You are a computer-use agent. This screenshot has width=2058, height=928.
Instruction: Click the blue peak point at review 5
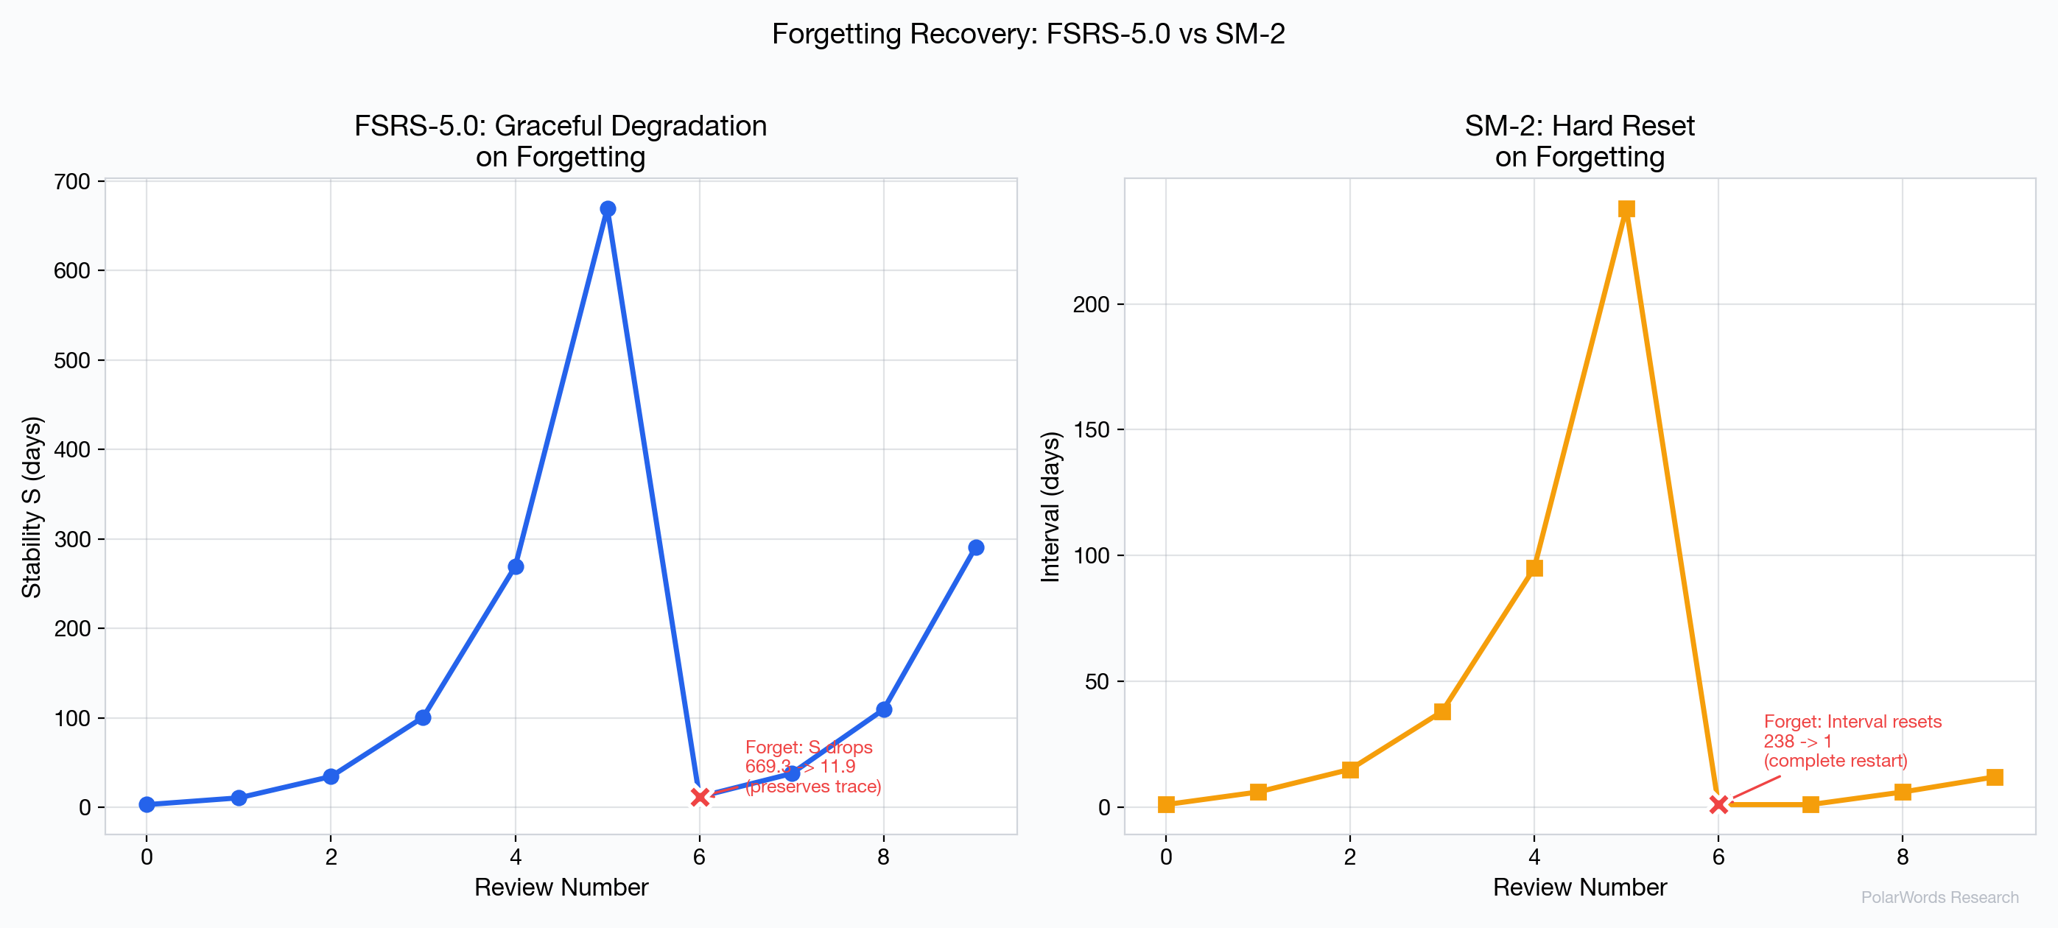(607, 209)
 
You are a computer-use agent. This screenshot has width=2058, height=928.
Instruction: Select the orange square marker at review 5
(1626, 209)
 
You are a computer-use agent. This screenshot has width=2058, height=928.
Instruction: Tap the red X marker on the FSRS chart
(700, 797)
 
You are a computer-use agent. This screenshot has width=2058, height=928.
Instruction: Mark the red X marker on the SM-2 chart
(1718, 804)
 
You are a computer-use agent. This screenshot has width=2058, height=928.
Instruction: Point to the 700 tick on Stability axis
(72, 182)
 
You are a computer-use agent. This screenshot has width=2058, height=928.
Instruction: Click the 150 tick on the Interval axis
(1092, 429)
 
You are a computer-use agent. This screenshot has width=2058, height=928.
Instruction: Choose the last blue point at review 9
(975, 547)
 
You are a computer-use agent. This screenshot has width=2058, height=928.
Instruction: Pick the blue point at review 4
(516, 566)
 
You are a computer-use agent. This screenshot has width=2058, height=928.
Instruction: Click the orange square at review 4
(1534, 568)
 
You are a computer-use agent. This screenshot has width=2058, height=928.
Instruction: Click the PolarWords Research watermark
(1939, 897)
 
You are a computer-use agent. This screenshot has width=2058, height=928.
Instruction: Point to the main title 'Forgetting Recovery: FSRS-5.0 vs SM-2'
(1028, 34)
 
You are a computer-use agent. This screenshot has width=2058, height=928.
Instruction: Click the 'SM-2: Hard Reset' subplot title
(1578, 126)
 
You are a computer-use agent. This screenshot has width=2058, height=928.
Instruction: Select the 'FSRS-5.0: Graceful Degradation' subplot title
(560, 126)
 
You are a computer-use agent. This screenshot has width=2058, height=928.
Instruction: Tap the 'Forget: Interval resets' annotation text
(1852, 721)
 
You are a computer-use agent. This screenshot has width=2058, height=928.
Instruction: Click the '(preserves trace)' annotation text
(812, 787)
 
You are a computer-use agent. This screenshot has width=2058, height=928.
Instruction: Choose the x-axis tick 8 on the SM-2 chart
(1902, 857)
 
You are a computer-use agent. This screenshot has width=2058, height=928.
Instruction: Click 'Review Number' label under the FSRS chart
(561, 887)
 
